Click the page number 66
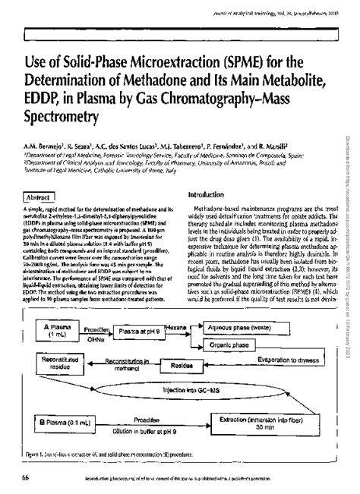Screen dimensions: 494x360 26,477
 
